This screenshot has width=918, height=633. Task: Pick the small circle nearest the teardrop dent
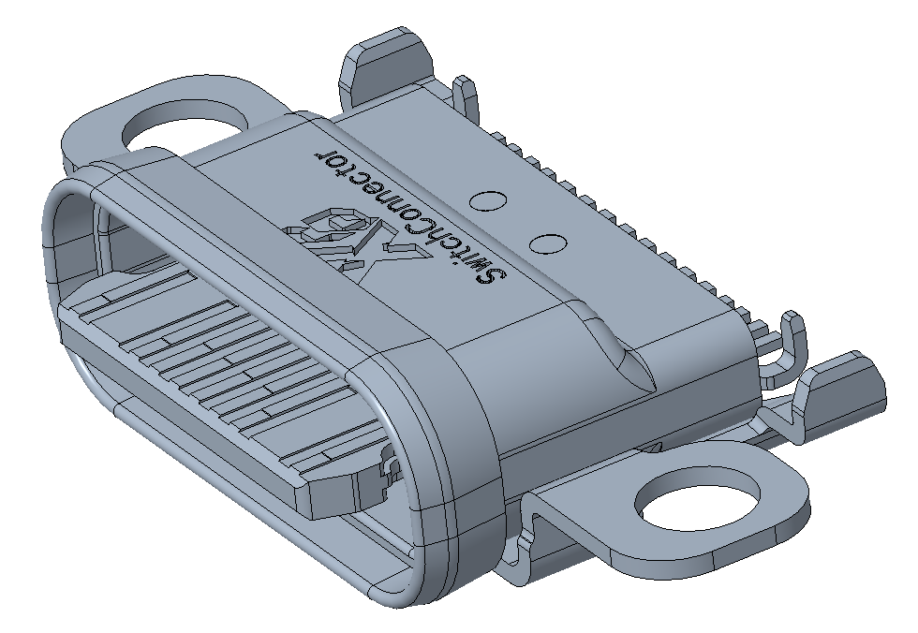[x=546, y=243]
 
